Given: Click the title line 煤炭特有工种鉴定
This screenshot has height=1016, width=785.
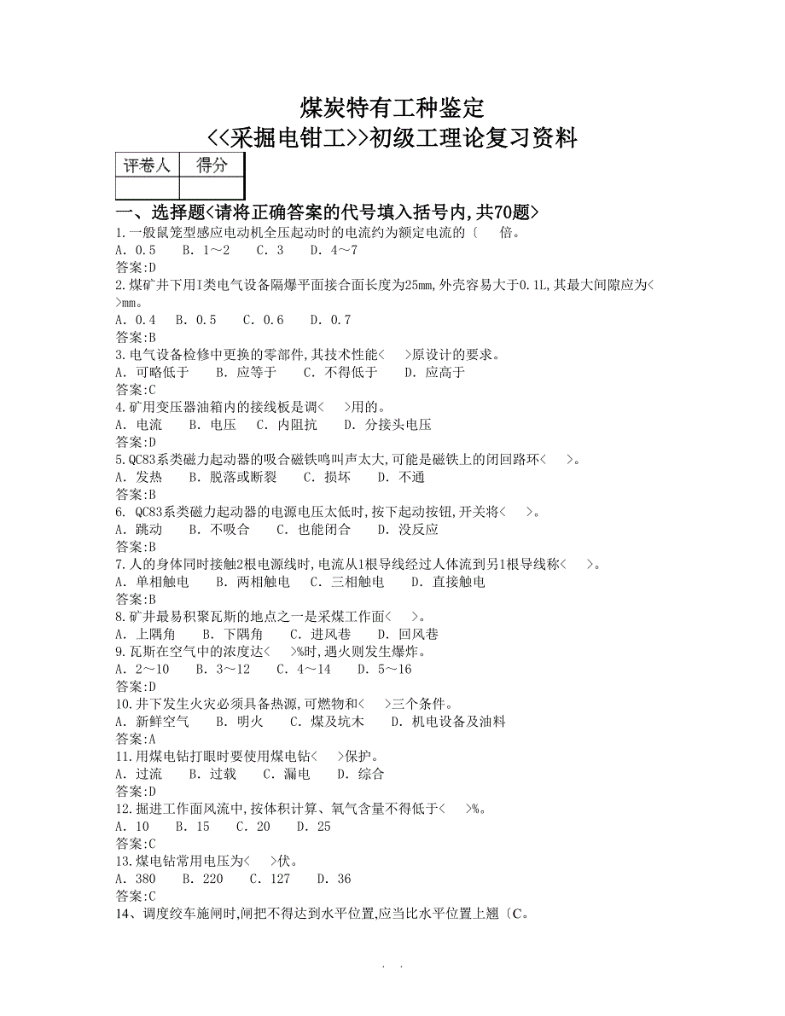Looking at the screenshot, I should coord(392,108).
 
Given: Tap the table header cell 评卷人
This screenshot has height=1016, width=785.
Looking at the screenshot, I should coord(147,165).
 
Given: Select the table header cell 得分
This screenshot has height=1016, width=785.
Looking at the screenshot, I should coord(211,165).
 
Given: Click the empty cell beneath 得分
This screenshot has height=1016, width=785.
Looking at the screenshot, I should coord(211,188).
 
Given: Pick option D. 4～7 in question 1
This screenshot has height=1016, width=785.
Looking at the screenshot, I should coord(334,250).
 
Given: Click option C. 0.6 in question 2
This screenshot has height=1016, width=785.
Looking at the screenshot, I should coord(263,320).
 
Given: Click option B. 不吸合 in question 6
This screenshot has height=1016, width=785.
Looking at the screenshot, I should coord(219,529).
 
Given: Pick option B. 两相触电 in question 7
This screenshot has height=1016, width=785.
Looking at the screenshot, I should coord(253,582).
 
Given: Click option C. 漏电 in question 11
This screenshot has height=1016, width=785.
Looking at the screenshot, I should coord(286,774).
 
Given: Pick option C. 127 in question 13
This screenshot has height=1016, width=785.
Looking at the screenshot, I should coord(270,879).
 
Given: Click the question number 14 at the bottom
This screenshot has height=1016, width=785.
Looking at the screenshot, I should coord(123,914).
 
